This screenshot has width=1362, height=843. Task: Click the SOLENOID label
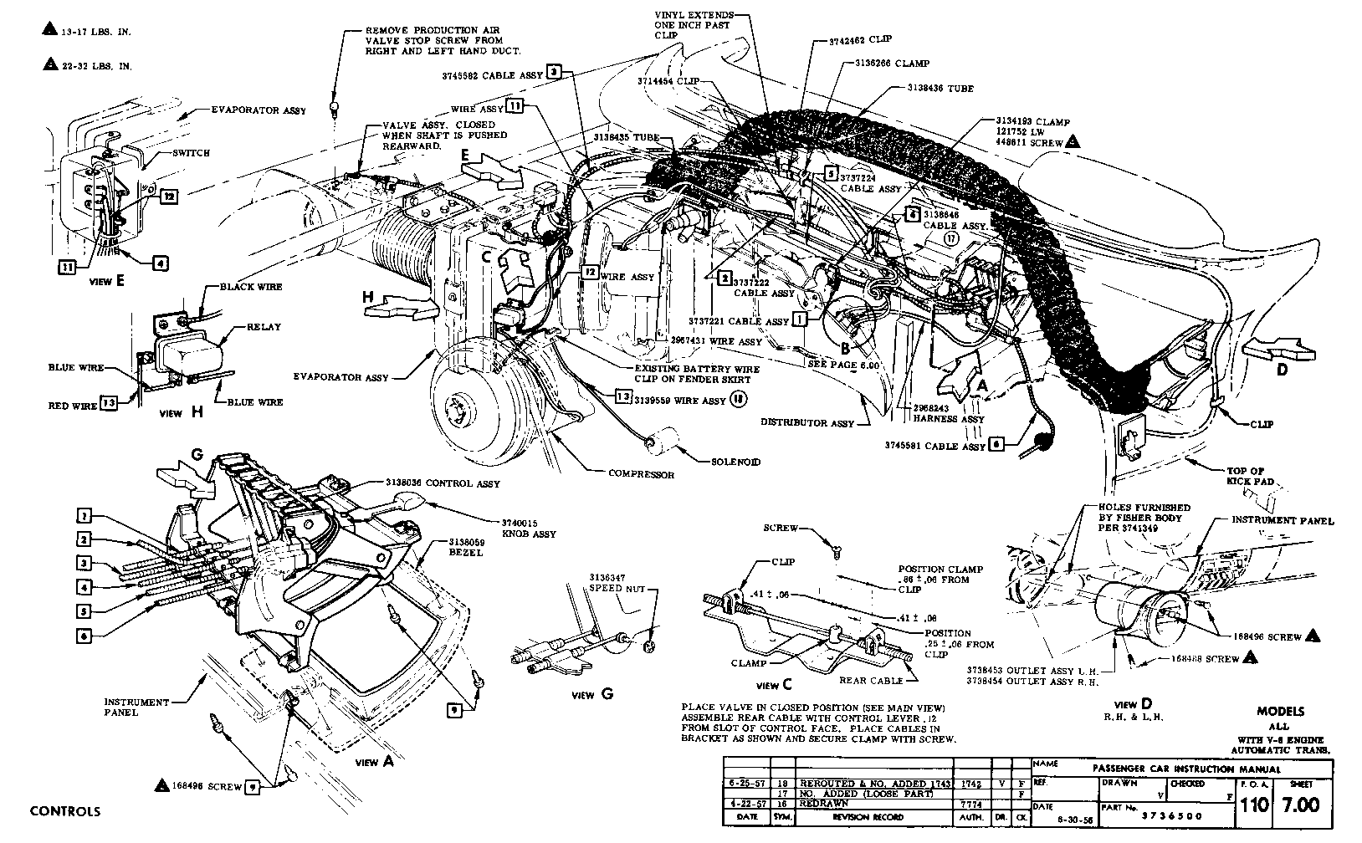(x=736, y=461)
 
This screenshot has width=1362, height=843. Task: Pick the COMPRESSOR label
(x=641, y=474)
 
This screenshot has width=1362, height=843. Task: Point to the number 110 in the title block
(x=1255, y=804)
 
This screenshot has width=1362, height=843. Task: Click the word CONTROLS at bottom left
(x=64, y=811)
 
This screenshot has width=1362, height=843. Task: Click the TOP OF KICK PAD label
(x=1246, y=477)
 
